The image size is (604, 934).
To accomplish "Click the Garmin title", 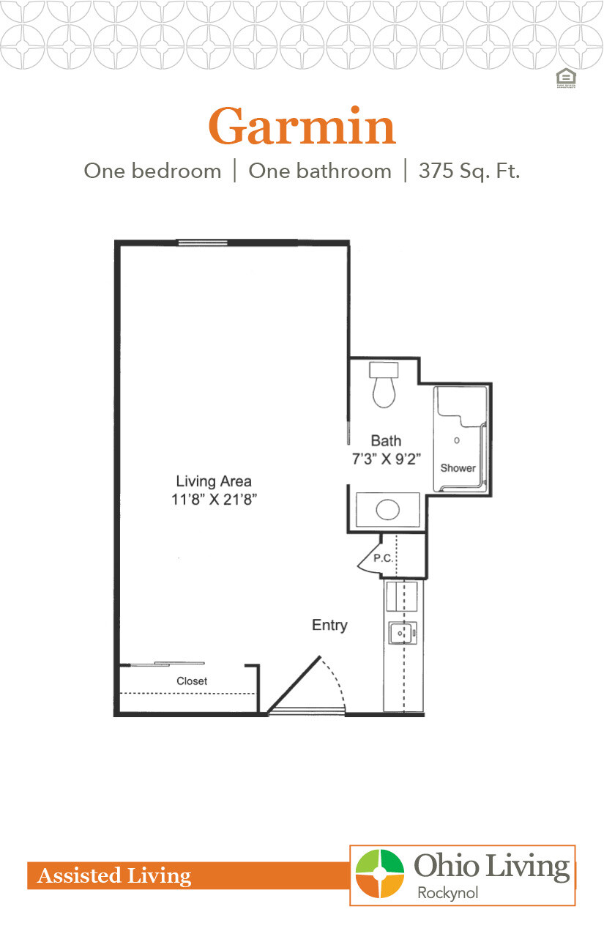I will click(302, 126).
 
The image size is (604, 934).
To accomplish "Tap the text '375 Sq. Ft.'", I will click(469, 171).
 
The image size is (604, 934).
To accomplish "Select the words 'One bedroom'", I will click(152, 171).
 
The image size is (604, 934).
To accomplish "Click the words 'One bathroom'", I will click(320, 171).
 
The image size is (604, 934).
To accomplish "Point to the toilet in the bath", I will click(383, 386).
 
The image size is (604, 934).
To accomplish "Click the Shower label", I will click(458, 468).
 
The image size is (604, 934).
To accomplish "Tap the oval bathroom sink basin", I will click(387, 510).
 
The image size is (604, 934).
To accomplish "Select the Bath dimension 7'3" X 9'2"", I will click(386, 462).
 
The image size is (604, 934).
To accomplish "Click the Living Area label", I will click(214, 481).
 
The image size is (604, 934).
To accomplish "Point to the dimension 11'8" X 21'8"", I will click(214, 500).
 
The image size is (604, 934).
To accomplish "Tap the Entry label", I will click(329, 625).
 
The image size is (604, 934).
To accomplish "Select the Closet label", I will click(192, 681).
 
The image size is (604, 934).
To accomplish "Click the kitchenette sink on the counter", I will click(402, 632).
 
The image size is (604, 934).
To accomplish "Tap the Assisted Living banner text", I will click(114, 875).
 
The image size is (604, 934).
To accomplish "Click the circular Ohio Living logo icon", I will click(379, 874).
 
